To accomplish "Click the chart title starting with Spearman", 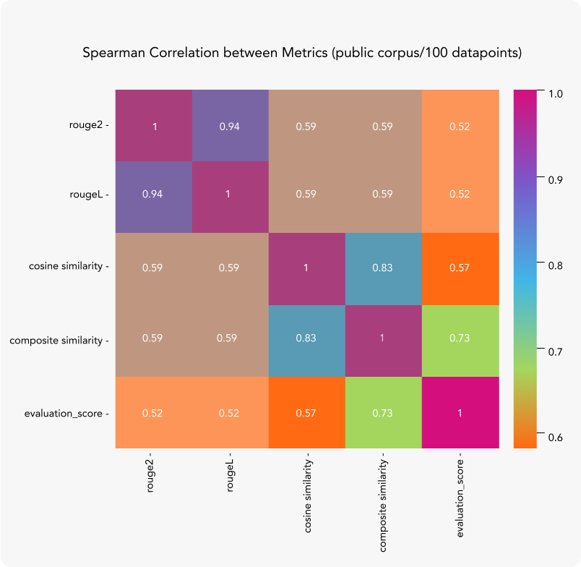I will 302,54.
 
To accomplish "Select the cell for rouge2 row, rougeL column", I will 230,126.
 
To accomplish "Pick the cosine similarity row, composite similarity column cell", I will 382,268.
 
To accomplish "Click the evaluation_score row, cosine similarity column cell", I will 306,412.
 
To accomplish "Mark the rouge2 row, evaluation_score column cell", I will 460,126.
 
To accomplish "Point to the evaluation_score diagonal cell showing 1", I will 460,412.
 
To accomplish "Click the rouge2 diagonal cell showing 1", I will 154,126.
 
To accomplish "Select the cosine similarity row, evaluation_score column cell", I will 460,268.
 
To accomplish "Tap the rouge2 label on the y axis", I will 87,126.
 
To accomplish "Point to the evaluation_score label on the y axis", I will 65,413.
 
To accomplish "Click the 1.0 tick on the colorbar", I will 555,94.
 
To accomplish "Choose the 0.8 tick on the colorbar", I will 555,265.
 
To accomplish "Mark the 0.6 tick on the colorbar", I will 555,438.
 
